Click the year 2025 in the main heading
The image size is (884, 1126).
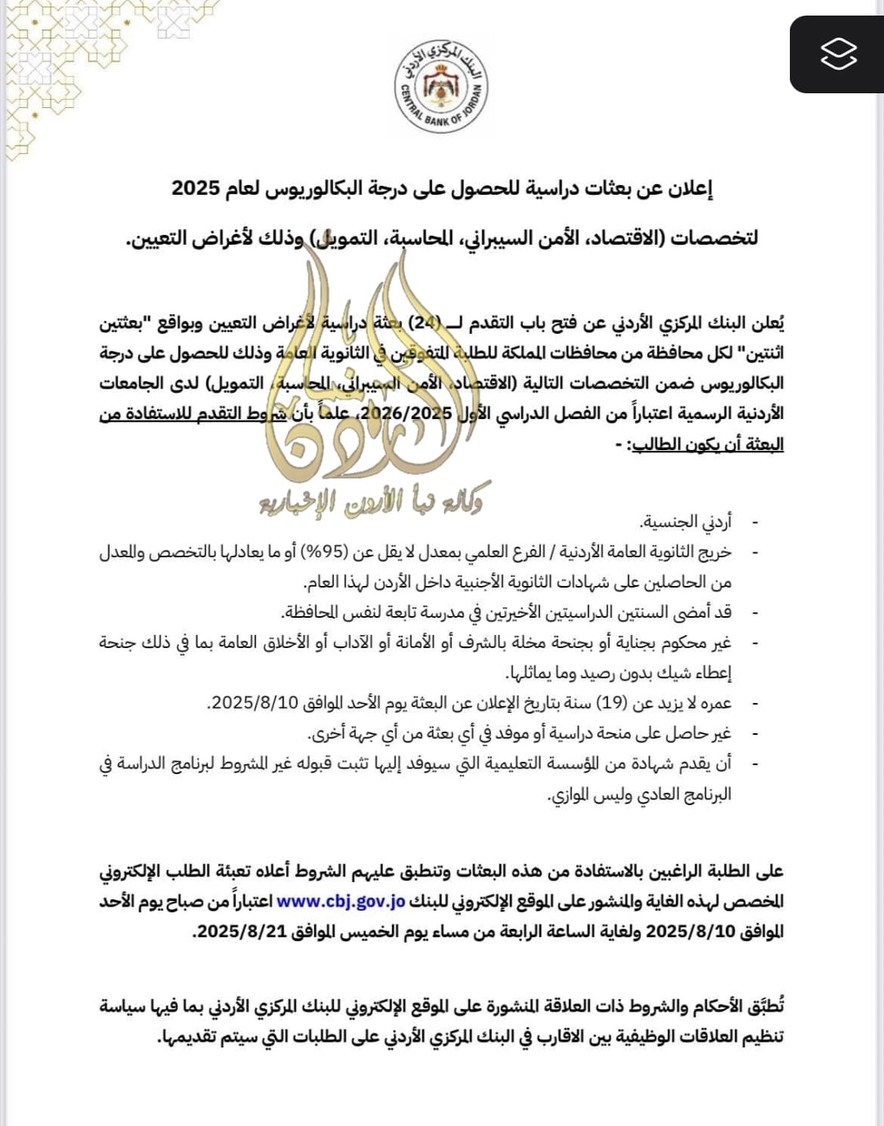click(x=196, y=188)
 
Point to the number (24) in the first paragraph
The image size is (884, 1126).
click(x=426, y=322)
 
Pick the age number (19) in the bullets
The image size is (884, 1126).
click(x=611, y=703)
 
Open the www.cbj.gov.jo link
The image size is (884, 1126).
click(x=341, y=901)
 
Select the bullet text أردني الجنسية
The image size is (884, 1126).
click(x=686, y=521)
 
